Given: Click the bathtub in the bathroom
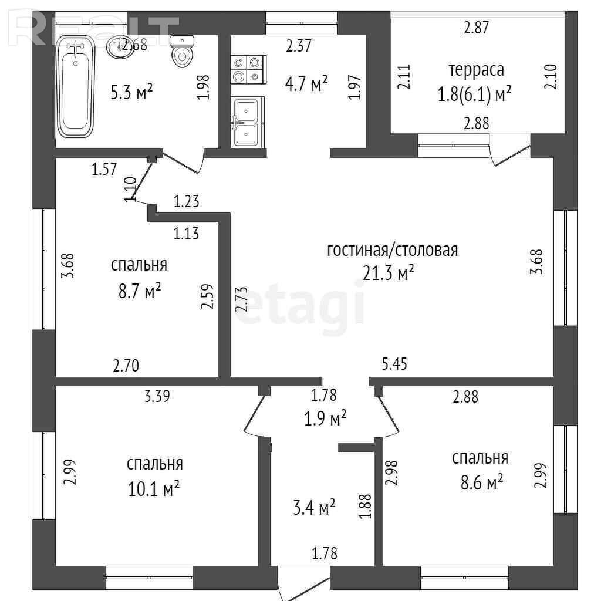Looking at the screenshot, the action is [76, 87].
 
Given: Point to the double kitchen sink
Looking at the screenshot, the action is [247, 122].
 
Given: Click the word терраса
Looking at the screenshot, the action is [476, 70].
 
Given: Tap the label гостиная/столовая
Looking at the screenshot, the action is [393, 250].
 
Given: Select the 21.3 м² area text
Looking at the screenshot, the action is [389, 274].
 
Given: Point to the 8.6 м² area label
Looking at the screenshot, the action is [482, 483].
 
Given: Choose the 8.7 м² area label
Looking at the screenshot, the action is [140, 291].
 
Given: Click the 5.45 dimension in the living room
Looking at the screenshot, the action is [394, 364].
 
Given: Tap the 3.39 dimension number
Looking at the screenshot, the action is [157, 396].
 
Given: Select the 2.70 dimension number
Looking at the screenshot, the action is [126, 366].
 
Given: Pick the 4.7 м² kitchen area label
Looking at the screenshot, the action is [306, 83].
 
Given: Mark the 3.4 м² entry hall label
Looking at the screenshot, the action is [315, 508].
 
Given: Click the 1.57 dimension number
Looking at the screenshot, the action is [104, 169].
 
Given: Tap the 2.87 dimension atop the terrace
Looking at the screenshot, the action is [477, 28].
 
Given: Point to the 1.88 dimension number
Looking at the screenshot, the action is [366, 506].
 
